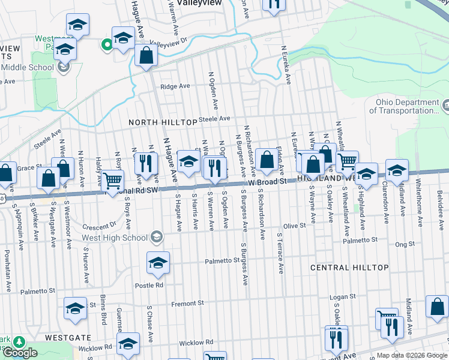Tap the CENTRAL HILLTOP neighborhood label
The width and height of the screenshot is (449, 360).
349,267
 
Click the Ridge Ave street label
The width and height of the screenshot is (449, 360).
175,86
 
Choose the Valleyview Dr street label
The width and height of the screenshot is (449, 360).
169,43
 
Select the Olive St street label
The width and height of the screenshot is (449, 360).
295,226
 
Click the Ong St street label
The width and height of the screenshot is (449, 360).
405,244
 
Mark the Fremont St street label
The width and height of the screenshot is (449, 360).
188,304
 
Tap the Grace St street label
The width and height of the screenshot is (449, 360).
28,168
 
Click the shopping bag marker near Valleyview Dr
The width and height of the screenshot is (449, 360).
146,56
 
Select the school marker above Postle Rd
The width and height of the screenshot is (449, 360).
158,263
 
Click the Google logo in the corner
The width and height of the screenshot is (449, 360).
20,353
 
